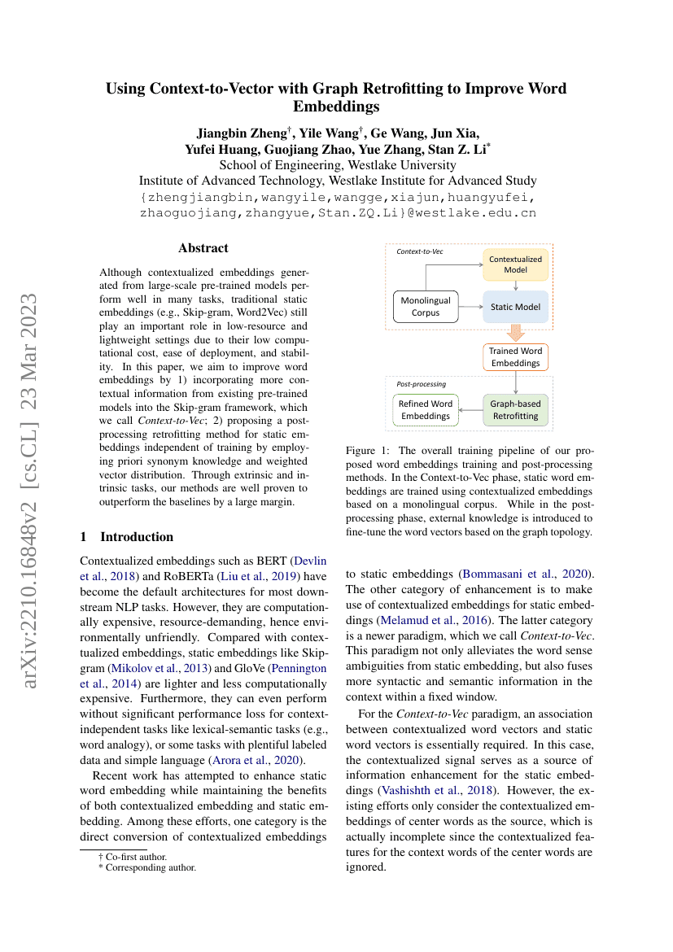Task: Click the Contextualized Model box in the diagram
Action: point(516,265)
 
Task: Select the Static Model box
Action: point(516,307)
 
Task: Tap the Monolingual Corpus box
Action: point(426,307)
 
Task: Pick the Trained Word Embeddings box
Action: point(515,356)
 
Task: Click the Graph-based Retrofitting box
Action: point(515,409)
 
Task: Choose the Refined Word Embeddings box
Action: point(426,409)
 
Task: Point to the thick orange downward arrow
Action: point(515,333)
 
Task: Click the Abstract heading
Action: point(203,248)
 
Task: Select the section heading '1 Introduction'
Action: point(127,537)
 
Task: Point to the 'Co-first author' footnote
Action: point(135,856)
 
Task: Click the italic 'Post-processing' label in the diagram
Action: point(421,383)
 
